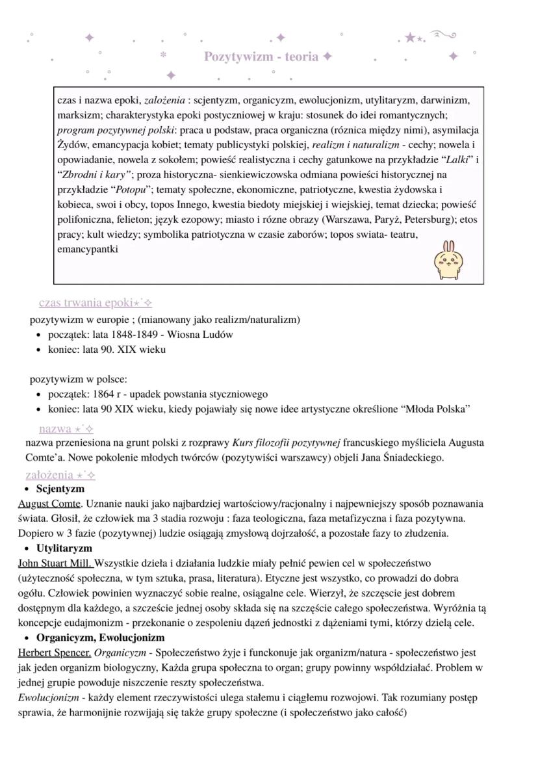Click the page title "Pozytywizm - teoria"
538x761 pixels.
[262, 57]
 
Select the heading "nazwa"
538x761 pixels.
[55, 429]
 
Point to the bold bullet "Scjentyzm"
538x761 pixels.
[60, 489]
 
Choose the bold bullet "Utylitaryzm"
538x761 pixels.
[64, 548]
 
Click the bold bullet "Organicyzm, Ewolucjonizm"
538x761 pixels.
[100, 638]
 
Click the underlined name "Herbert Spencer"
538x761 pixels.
[54, 652]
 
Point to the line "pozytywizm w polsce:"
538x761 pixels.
[79, 380]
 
